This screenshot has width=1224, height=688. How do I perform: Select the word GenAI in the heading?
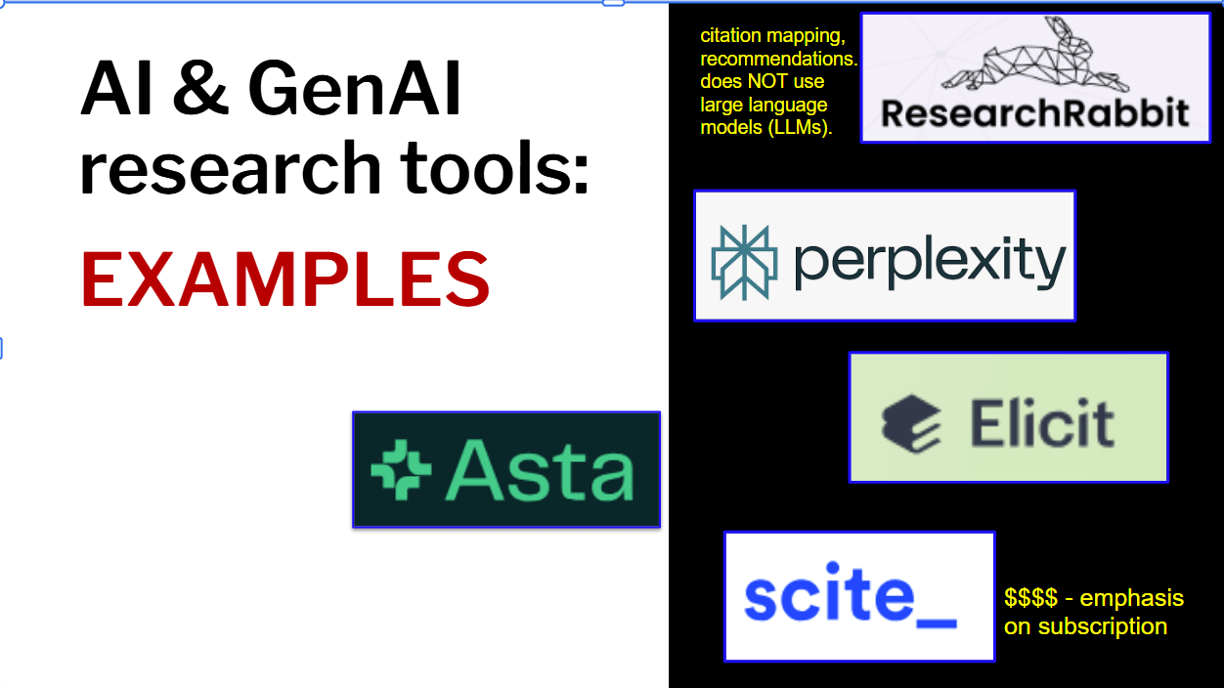[x=355, y=90]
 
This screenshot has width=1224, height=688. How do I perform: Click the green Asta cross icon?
[x=401, y=470]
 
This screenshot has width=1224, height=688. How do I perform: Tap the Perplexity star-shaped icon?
[x=744, y=261]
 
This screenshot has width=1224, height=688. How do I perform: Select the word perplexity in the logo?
[x=929, y=261]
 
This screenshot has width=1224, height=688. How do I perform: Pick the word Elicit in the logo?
[x=1041, y=422]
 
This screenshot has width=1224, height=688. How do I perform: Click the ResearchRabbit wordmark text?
[x=1035, y=112]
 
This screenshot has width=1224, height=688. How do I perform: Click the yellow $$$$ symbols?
[x=1030, y=598]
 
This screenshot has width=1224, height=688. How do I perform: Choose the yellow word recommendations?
[x=777, y=60]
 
